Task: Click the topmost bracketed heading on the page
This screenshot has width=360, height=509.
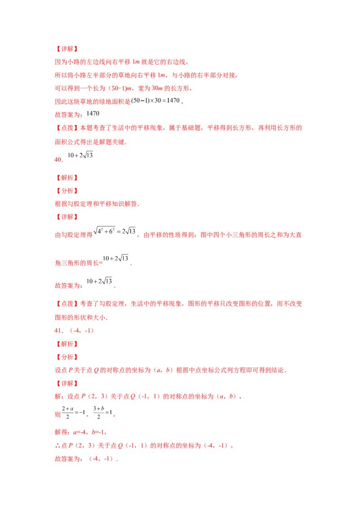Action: (x=66, y=49)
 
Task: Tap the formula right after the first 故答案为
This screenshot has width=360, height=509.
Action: (x=90, y=114)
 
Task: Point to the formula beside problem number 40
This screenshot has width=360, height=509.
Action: (x=79, y=156)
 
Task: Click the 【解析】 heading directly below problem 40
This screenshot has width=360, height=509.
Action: (x=66, y=178)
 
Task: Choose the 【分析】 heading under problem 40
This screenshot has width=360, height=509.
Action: (x=66, y=191)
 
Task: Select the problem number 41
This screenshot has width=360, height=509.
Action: (x=57, y=330)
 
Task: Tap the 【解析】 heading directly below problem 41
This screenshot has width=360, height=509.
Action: (x=66, y=344)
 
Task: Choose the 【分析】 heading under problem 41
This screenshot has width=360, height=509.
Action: (x=66, y=357)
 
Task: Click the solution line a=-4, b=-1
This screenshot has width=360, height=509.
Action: (x=81, y=432)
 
